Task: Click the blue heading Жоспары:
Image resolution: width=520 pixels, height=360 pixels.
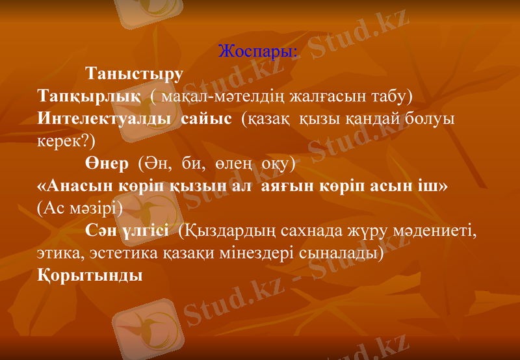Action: pos(258,51)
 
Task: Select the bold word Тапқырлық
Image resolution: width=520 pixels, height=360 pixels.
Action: pos(88,97)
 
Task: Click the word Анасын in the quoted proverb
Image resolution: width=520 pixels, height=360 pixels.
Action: pos(83,185)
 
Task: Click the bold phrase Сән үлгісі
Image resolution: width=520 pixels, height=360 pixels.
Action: pos(127,230)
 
